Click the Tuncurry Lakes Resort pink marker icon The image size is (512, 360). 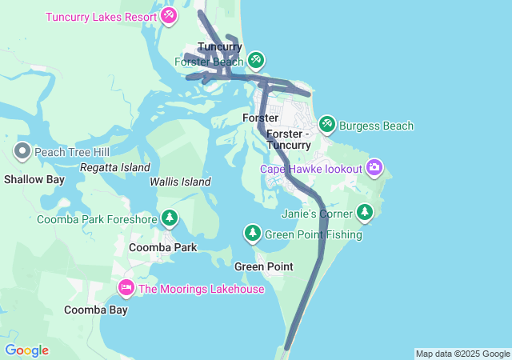tap(169, 16)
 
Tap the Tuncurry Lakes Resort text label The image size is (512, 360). tap(102, 17)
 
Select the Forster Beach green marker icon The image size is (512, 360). tap(256, 60)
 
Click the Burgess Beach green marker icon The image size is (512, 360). tap(326, 125)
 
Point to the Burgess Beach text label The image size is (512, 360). tap(376, 126)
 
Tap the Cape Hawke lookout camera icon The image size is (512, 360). tap(374, 168)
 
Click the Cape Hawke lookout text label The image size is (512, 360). tap(311, 169)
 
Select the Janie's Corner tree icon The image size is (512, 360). tap(365, 212)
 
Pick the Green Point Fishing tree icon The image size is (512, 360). tap(253, 233)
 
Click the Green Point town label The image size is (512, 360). tap(263, 266)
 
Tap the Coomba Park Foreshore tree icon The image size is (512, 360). tap(170, 218)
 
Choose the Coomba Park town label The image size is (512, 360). tap(163, 247)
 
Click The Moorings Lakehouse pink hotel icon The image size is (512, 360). tap(126, 287)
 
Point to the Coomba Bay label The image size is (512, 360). tap(96, 310)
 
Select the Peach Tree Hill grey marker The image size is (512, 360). tap(22, 150)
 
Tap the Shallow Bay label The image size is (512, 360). tap(34, 179)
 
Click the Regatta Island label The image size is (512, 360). tap(115, 168)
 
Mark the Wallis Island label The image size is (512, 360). tap(180, 182)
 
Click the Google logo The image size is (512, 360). tap(26, 350)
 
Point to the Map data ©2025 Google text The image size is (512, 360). tap(462, 354)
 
